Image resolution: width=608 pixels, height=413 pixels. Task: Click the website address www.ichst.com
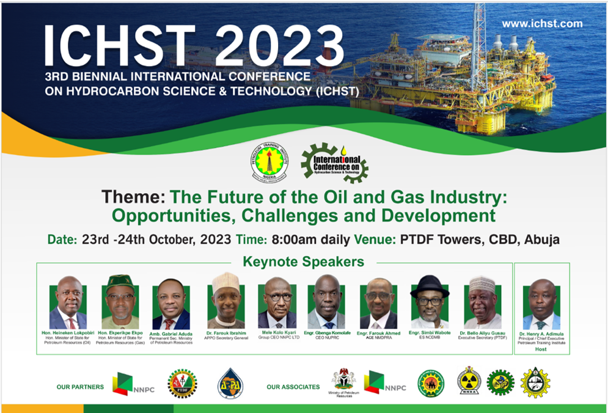tap(542, 24)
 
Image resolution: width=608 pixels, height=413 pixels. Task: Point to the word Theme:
tap(133, 197)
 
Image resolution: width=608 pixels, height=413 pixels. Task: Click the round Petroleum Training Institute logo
tap(269, 161)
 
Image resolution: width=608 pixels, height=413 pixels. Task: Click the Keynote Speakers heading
tap(303, 262)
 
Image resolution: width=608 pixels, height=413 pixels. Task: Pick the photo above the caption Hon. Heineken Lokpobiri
tap(68, 303)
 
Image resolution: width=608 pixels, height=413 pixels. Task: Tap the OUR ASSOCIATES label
tap(293, 386)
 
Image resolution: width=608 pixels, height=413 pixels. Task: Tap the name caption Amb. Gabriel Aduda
tap(172, 333)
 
